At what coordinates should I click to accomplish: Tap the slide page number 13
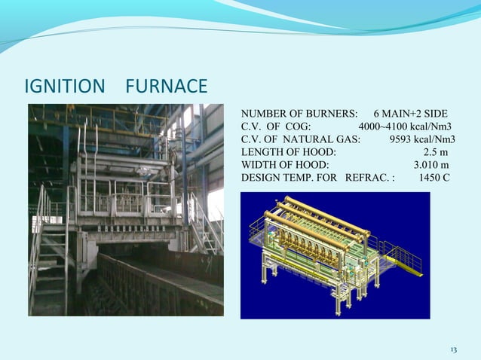pos(453,350)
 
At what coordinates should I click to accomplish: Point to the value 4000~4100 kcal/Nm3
pos(405,127)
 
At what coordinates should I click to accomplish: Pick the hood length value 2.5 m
pos(436,152)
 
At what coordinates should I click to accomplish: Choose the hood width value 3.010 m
pos(433,165)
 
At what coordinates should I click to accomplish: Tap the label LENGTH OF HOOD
pos(288,152)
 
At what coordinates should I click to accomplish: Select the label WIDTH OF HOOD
pos(284,165)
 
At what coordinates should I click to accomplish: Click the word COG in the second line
pos(302,127)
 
